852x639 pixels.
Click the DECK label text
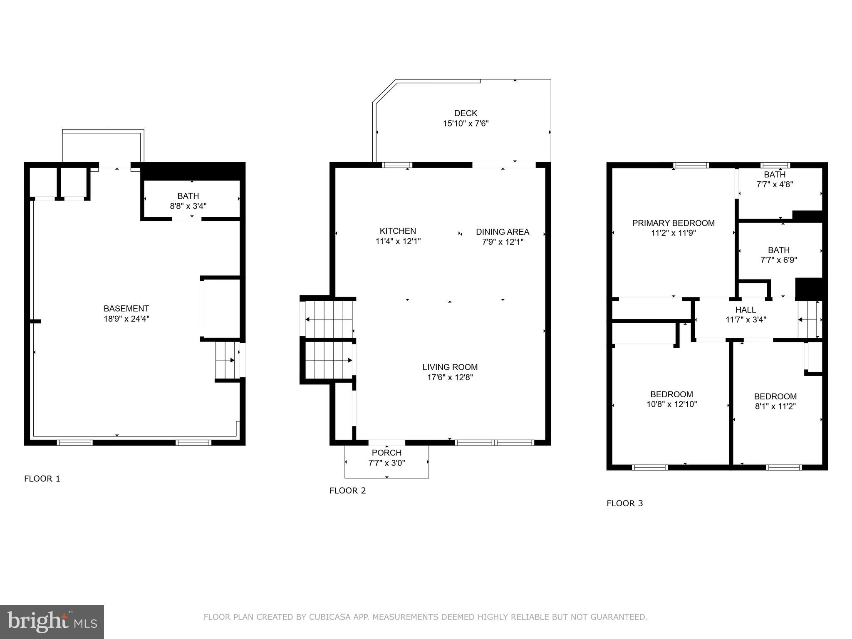(466, 113)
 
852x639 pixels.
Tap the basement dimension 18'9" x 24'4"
(126, 319)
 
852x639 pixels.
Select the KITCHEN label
(398, 231)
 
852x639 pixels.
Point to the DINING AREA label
(503, 232)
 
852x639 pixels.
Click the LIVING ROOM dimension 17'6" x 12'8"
(450, 377)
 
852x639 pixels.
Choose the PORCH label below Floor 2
(386, 453)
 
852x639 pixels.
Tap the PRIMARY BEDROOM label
(673, 223)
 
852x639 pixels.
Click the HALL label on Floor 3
(745, 310)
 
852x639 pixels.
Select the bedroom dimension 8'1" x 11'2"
(775, 406)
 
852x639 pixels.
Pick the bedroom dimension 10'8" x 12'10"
(671, 404)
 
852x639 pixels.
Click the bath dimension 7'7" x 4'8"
(774, 184)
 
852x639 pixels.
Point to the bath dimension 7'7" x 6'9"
(778, 260)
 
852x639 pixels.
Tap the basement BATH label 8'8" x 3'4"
(188, 196)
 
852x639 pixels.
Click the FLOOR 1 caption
(42, 478)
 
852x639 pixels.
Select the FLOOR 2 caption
(347, 490)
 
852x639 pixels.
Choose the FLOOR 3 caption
(624, 503)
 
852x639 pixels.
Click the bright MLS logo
(52, 622)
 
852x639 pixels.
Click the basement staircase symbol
(227, 360)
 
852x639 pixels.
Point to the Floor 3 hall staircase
(809, 319)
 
